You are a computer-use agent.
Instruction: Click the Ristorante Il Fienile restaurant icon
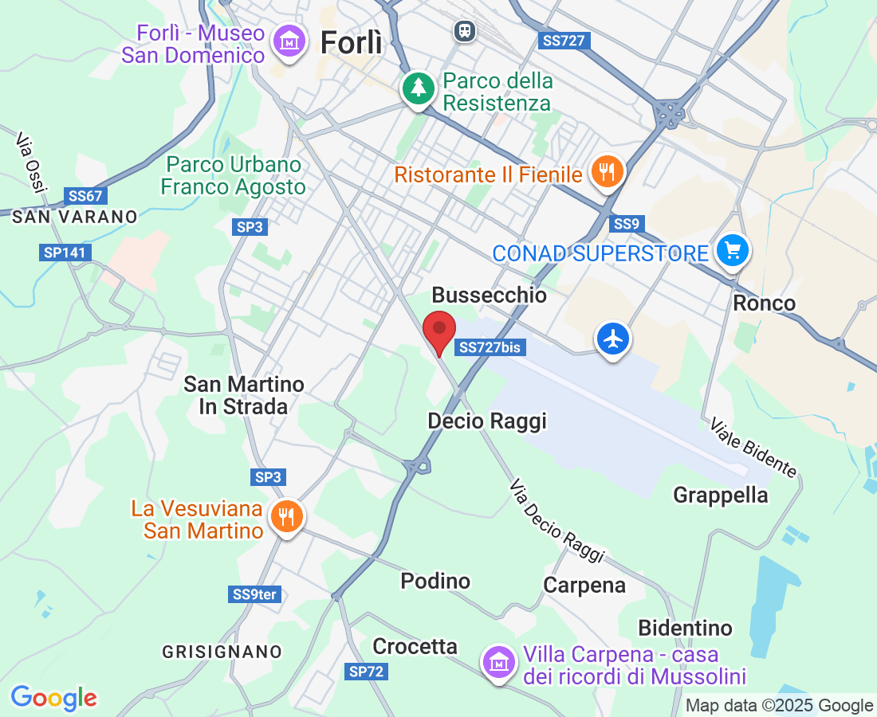(608, 171)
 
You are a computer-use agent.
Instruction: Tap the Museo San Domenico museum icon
(289, 42)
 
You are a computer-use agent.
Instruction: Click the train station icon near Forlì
(463, 31)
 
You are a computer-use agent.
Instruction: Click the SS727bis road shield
(490, 347)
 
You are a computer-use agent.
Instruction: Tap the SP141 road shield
(65, 253)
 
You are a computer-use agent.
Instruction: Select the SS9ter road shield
(255, 594)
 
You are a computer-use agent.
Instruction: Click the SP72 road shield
(367, 672)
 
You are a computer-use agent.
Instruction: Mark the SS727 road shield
(564, 41)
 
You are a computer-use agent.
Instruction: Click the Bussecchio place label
(489, 296)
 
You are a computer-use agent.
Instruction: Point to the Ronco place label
(764, 303)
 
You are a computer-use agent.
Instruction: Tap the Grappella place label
(721, 496)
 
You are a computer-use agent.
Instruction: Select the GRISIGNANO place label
(222, 652)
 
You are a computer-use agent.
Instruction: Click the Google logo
(54, 699)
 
